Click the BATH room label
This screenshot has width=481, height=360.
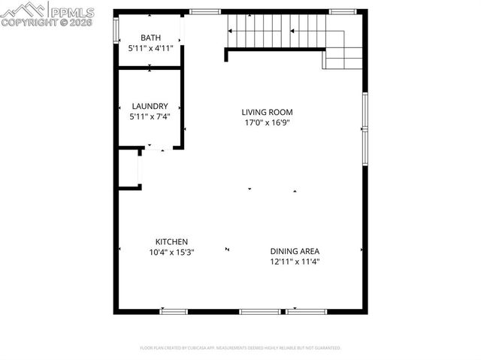pos(151,38)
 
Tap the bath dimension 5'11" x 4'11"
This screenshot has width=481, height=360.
pos(151,48)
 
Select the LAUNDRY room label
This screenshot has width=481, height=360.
pos(150,106)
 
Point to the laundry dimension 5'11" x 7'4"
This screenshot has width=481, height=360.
pos(150,116)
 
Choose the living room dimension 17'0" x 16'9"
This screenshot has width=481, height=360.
pos(267,122)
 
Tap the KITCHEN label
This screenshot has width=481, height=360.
pos(171,241)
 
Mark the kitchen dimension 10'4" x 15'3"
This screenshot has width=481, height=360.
pos(171,252)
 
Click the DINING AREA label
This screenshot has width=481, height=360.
pos(300,251)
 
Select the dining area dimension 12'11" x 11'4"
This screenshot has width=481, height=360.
pos(300,262)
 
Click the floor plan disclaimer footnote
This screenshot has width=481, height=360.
pos(240,348)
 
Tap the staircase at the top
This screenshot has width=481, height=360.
pos(278,32)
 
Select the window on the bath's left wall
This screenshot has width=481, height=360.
pos(116,30)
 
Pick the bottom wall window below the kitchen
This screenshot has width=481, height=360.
pos(174,310)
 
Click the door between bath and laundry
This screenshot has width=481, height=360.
pos(150,68)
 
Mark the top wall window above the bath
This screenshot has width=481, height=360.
pos(200,11)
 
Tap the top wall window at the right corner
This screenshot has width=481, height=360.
pos(343,11)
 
